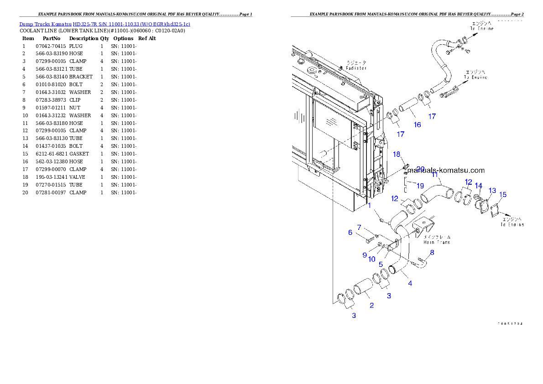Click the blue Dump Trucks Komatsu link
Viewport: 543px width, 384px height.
[104, 24]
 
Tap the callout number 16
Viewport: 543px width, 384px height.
[417, 125]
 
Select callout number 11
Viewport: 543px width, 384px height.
[435, 175]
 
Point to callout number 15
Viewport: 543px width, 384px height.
[502, 195]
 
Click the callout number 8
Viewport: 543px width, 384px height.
[432, 252]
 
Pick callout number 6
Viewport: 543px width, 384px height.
[350, 233]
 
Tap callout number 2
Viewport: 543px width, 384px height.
[371, 305]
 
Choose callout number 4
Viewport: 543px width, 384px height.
[410, 283]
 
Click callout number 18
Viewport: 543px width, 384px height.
[397, 155]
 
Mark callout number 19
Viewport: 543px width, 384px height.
[420, 186]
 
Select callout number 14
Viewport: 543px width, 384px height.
[478, 186]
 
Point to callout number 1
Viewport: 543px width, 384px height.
[370, 205]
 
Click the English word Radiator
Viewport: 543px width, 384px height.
[356, 68]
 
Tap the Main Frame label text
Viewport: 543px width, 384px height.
[437, 242]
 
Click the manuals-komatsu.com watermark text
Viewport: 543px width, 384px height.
[445, 171]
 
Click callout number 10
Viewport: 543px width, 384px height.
[372, 259]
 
